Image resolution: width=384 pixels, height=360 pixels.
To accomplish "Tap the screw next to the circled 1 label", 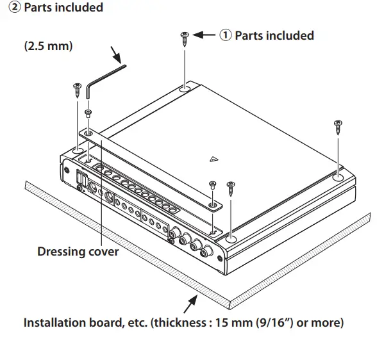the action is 185,39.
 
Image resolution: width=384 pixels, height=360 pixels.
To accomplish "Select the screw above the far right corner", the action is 338,127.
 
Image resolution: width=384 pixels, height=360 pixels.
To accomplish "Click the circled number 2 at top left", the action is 15,7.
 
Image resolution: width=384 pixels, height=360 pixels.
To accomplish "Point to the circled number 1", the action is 225,35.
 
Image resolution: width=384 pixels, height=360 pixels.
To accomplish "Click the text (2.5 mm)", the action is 49,45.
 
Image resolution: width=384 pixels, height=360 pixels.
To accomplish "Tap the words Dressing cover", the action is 78,251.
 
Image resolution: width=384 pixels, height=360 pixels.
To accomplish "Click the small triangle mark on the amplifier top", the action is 213,160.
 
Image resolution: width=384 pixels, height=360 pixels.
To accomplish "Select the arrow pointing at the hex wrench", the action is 116,55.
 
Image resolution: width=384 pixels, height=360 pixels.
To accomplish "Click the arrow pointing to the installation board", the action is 190,304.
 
